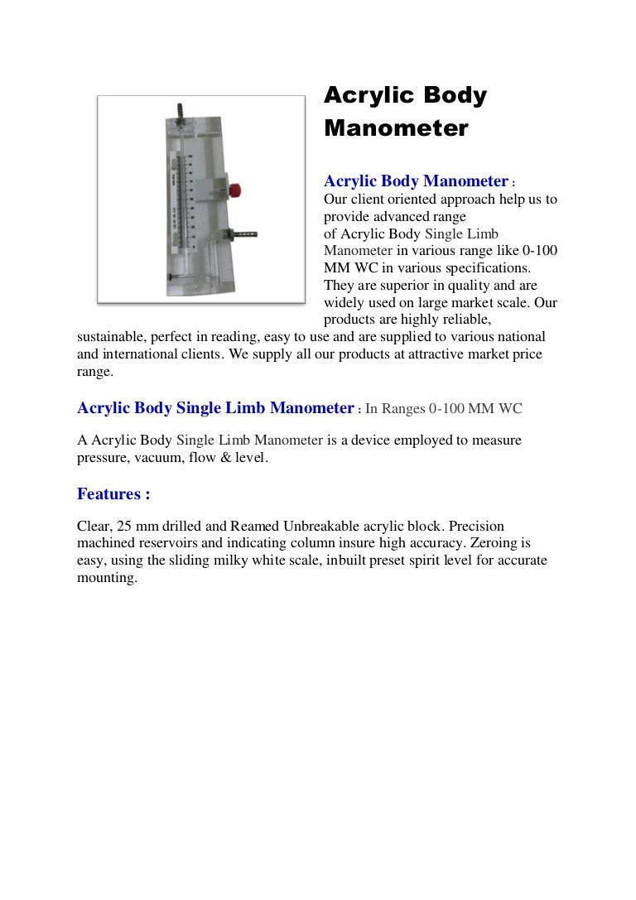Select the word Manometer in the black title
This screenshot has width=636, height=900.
[396, 129]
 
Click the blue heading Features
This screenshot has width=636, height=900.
[113, 494]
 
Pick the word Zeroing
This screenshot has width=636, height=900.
[507, 543]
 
